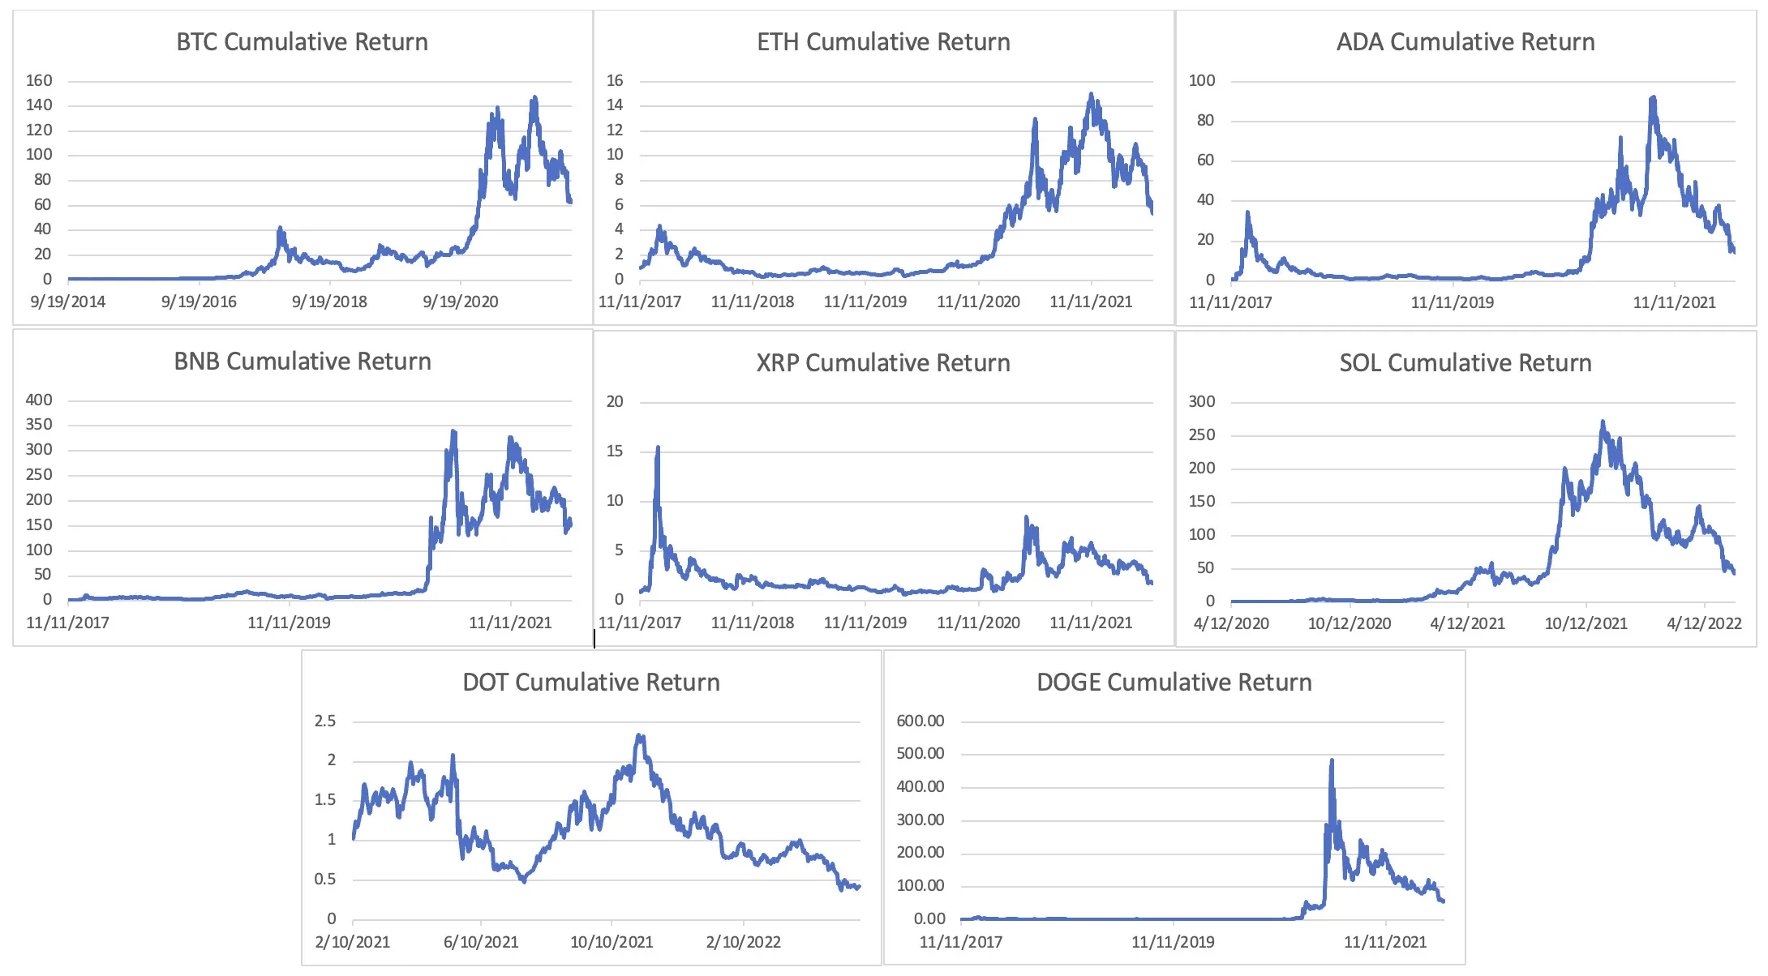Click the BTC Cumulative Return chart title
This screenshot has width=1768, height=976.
pos(302,42)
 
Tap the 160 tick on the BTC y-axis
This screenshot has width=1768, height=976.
pos(39,80)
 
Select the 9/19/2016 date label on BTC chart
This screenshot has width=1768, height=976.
pos(199,302)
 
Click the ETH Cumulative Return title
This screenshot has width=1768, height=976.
pos(883,42)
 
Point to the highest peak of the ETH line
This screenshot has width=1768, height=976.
pos(1091,95)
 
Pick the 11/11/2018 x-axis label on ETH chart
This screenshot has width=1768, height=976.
pos(752,302)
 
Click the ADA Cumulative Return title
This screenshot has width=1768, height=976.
pos(1465,42)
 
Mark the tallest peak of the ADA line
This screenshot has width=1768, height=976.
pos(1653,98)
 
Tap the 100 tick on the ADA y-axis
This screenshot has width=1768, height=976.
pos(1201,80)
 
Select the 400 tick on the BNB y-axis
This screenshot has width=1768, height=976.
pos(39,400)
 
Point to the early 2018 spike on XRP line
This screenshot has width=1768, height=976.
pos(658,448)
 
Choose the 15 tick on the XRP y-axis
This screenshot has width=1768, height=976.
pos(615,451)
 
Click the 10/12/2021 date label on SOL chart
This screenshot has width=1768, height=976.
pos(1586,623)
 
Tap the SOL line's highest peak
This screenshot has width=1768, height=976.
pos(1603,422)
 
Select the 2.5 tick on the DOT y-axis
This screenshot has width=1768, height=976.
pos(324,721)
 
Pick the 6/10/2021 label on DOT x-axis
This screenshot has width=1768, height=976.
pos(481,942)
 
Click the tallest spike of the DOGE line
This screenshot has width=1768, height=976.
pos(1332,761)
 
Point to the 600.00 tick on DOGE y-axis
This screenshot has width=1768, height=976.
pos(920,721)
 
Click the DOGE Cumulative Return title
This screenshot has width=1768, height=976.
pos(1174,683)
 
